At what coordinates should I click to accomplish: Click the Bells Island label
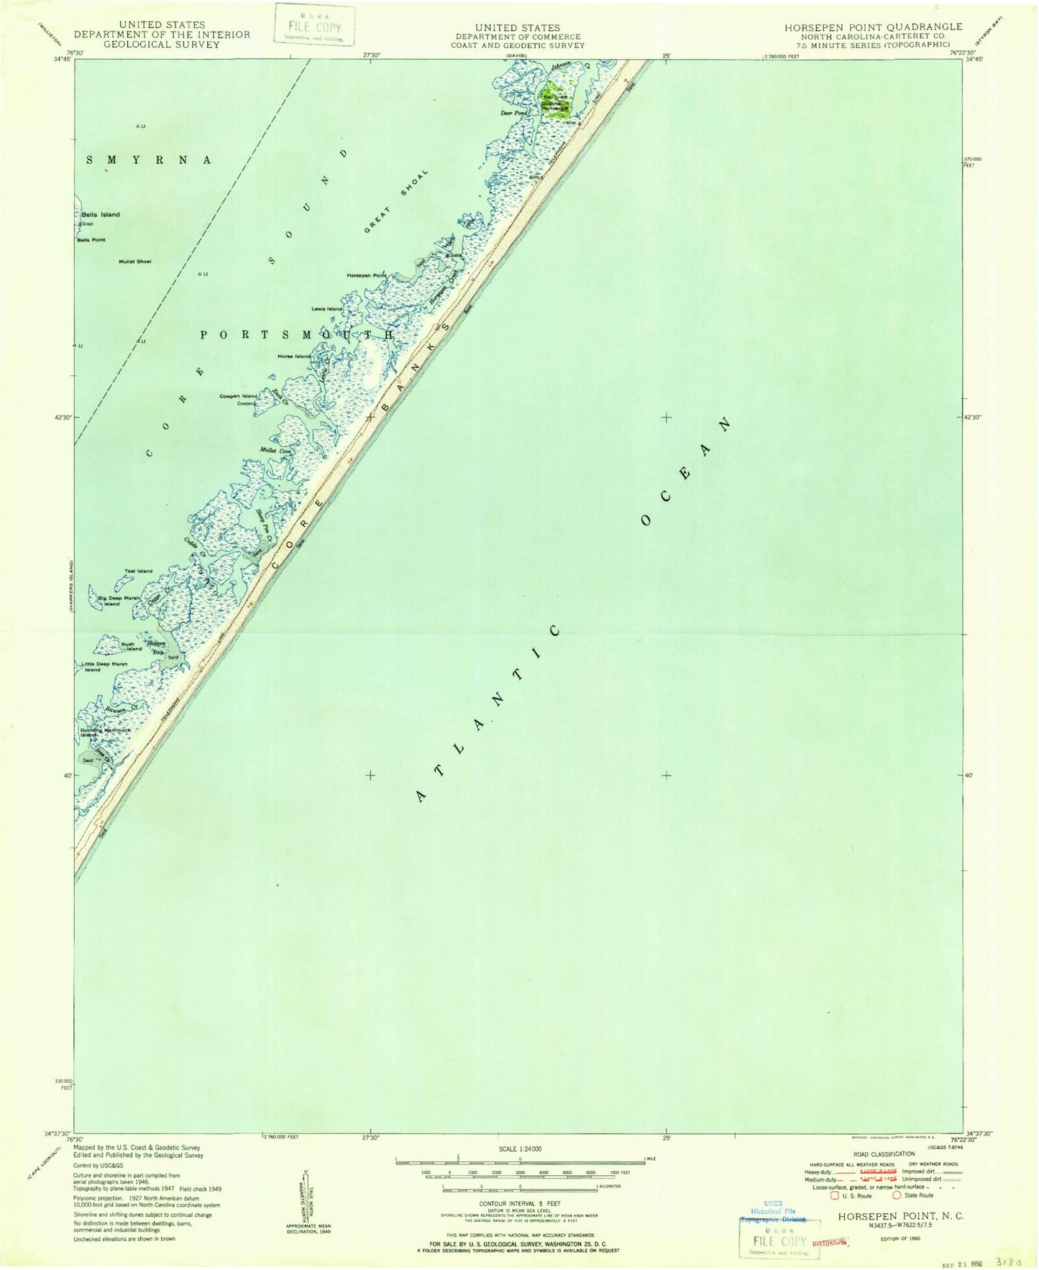101,215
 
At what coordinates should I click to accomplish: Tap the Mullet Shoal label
135,261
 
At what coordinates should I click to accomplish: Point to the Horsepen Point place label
366,275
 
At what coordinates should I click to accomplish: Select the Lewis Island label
326,309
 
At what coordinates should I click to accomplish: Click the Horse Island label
294,356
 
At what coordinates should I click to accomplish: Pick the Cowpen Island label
238,396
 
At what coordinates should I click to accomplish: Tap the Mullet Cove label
274,451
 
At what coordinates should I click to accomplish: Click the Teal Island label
138,571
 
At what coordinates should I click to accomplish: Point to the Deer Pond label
514,113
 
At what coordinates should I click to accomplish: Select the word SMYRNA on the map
149,160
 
